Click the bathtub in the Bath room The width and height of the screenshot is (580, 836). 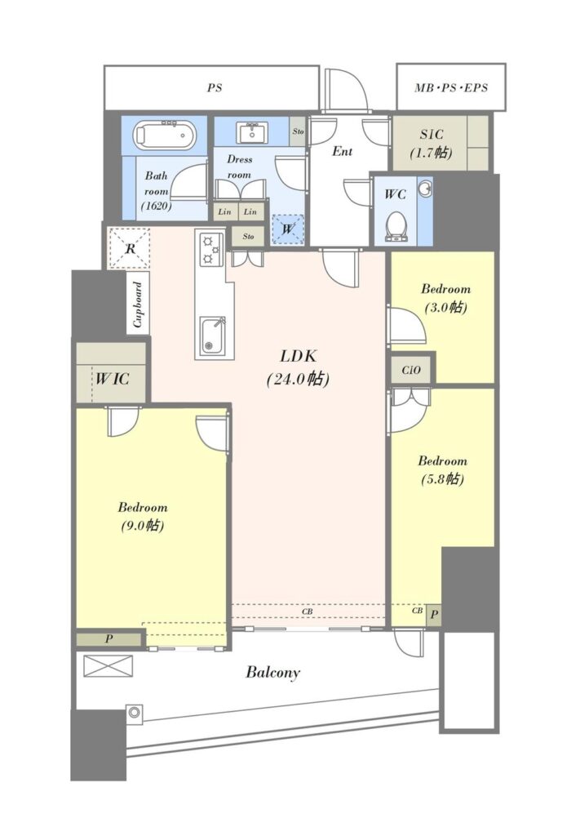click(x=164, y=136)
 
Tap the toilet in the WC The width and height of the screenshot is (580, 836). click(x=396, y=227)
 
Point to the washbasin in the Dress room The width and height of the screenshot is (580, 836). click(x=253, y=133)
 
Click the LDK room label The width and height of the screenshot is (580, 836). click(x=299, y=367)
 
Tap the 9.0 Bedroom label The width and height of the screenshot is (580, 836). click(x=142, y=516)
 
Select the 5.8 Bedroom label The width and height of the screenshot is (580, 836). click(x=442, y=469)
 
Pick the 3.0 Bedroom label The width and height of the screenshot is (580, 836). click(x=445, y=298)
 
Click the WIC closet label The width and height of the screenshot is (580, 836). click(x=113, y=379)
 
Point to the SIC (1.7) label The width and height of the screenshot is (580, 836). click(x=431, y=144)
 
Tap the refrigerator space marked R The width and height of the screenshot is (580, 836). click(x=130, y=248)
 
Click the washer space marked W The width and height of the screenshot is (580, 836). click(x=288, y=229)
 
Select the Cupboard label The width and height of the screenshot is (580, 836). click(x=138, y=305)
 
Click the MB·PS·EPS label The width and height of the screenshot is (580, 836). click(x=451, y=87)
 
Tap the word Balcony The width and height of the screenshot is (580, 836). click(x=272, y=673)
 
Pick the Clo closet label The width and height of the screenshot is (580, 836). click(x=411, y=370)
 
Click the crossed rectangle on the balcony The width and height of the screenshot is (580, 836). click(x=108, y=666)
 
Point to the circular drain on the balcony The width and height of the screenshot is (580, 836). click(x=135, y=712)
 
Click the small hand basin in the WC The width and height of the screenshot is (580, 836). click(x=425, y=189)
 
